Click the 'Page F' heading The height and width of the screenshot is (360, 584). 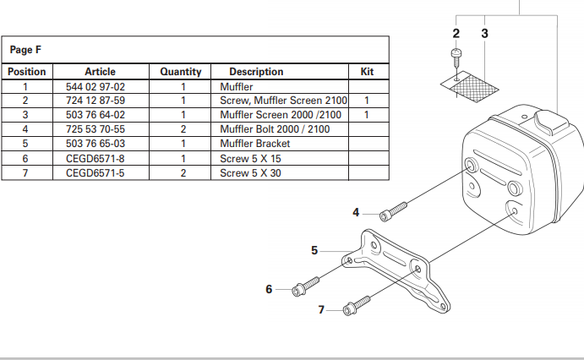click(x=21, y=50)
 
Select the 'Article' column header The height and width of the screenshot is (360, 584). click(x=100, y=72)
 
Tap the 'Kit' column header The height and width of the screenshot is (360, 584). click(x=367, y=72)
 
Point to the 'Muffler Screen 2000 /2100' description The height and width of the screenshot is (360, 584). click(x=280, y=115)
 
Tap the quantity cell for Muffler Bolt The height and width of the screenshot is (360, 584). click(x=183, y=129)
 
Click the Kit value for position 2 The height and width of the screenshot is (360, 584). click(x=367, y=101)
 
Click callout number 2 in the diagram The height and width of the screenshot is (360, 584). click(x=456, y=34)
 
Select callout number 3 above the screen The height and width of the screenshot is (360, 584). click(x=484, y=34)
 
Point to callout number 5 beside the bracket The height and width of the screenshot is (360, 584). click(x=314, y=250)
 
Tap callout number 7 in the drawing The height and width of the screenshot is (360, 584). click(x=321, y=310)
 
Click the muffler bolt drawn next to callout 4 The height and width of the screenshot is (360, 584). click(x=393, y=207)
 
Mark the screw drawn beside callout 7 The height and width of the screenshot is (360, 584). click(x=358, y=303)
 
